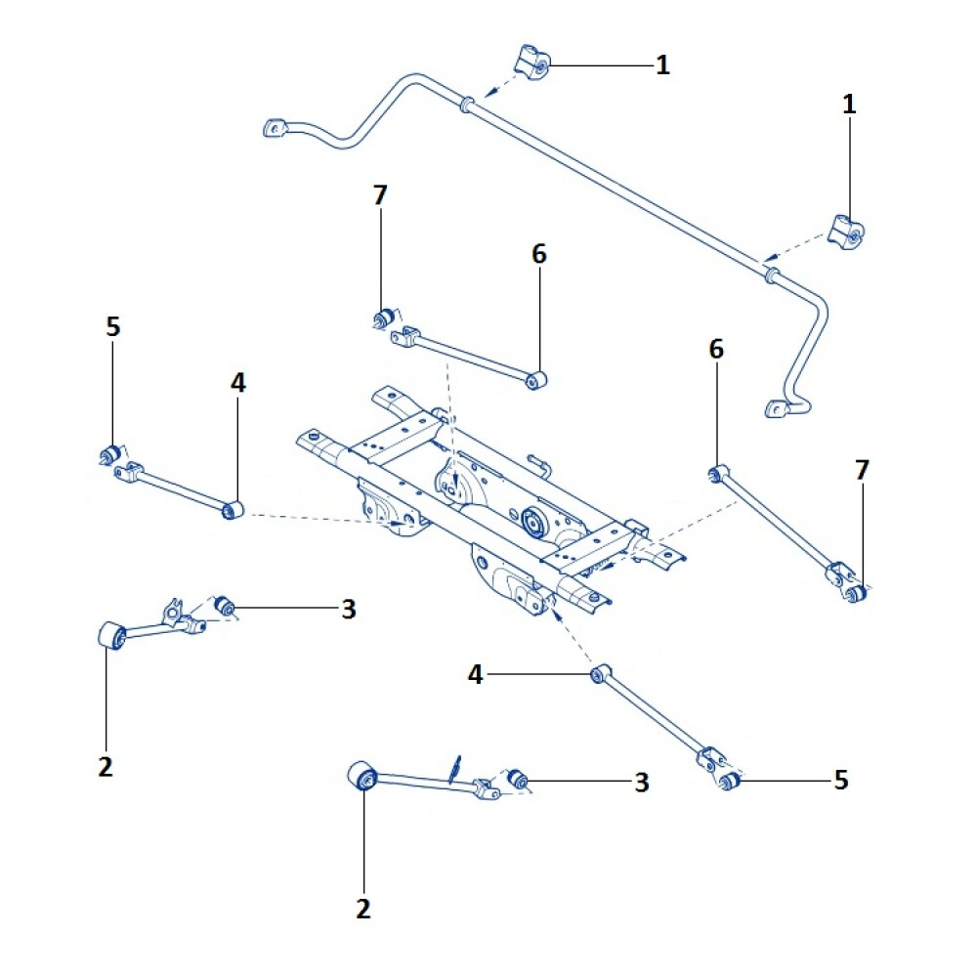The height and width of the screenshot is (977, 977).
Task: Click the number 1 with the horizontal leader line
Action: click(662, 65)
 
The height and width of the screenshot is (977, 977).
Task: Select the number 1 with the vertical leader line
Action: click(849, 105)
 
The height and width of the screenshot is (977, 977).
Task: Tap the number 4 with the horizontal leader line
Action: click(476, 674)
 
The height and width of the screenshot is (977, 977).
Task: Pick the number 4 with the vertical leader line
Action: click(238, 382)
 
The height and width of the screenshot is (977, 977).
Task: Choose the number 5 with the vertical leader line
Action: click(112, 327)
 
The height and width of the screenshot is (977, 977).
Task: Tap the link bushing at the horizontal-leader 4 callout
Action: click(599, 674)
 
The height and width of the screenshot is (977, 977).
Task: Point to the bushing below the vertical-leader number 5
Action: click(111, 453)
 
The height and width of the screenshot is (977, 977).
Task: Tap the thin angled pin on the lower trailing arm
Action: click(454, 767)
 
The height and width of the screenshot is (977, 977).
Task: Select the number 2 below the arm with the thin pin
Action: click(363, 910)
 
